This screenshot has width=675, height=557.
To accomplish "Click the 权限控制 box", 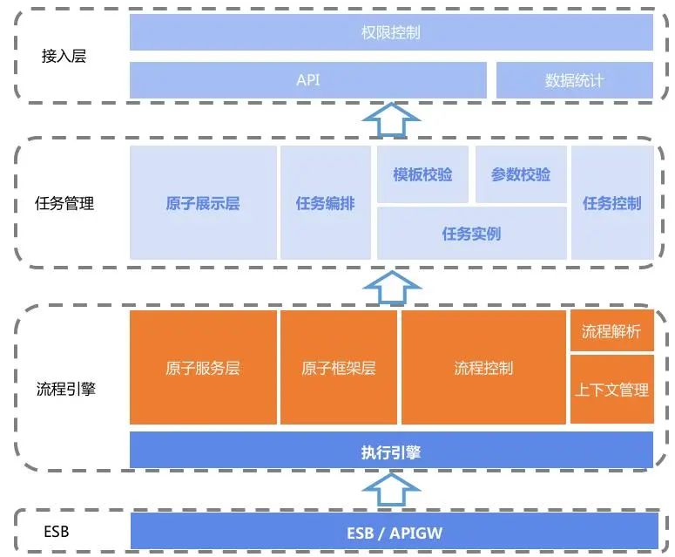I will click(x=391, y=32).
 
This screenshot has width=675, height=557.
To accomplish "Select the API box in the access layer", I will click(x=308, y=80).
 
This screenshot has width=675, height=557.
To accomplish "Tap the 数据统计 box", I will click(x=574, y=80).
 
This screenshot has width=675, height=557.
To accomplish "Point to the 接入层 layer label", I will click(x=64, y=57).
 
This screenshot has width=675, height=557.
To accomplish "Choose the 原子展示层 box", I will click(x=203, y=203).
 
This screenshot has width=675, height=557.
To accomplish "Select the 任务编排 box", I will click(x=326, y=203).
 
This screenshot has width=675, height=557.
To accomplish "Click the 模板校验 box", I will click(x=422, y=174).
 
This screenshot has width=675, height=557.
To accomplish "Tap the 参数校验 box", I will click(x=521, y=174).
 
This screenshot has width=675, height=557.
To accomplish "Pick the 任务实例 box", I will click(x=471, y=234).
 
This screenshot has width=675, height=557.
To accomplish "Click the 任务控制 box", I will click(x=611, y=203).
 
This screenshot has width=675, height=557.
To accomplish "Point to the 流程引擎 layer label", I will click(x=66, y=389).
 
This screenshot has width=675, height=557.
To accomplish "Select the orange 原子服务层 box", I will click(x=203, y=368).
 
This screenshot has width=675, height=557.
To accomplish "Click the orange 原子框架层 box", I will click(x=339, y=368).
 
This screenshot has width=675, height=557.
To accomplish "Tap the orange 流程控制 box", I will click(x=483, y=368).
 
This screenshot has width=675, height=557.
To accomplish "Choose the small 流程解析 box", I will click(x=611, y=331).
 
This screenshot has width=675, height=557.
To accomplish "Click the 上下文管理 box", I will click(x=611, y=390).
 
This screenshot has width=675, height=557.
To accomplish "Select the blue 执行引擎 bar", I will click(x=391, y=451).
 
